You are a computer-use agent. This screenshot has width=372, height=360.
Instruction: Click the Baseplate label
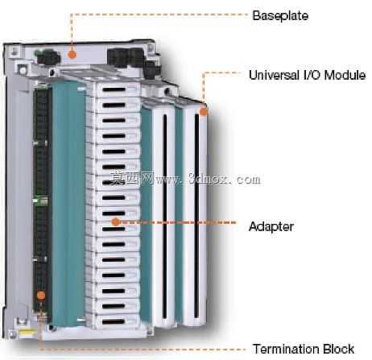coord(280,15)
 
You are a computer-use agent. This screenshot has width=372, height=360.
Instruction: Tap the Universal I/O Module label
coord(307,75)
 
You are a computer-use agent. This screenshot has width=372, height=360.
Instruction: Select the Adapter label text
coord(271,226)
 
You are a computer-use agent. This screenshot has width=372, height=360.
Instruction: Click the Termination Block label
coord(304,349)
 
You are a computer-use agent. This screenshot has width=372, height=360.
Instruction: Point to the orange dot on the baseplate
coord(72,55)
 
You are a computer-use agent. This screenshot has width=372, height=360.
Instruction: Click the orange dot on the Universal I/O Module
coord(204,112)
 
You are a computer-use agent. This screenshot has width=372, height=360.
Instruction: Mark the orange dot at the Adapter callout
coord(116,221)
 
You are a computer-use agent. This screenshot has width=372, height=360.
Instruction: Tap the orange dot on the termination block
coord(41,296)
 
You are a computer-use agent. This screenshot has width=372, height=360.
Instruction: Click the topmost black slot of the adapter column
coord(114,89)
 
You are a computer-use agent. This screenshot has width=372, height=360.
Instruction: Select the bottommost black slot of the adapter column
coord(114,321)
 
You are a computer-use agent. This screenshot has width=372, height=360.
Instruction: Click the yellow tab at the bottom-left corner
coord(27,332)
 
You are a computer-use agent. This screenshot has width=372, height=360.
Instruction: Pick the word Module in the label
coord(345,75)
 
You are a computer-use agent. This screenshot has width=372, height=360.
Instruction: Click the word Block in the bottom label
coord(339,349)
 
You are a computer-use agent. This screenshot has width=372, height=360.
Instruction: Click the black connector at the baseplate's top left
coord(48,56)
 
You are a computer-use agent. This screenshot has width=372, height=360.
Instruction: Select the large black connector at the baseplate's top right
coord(126,58)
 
